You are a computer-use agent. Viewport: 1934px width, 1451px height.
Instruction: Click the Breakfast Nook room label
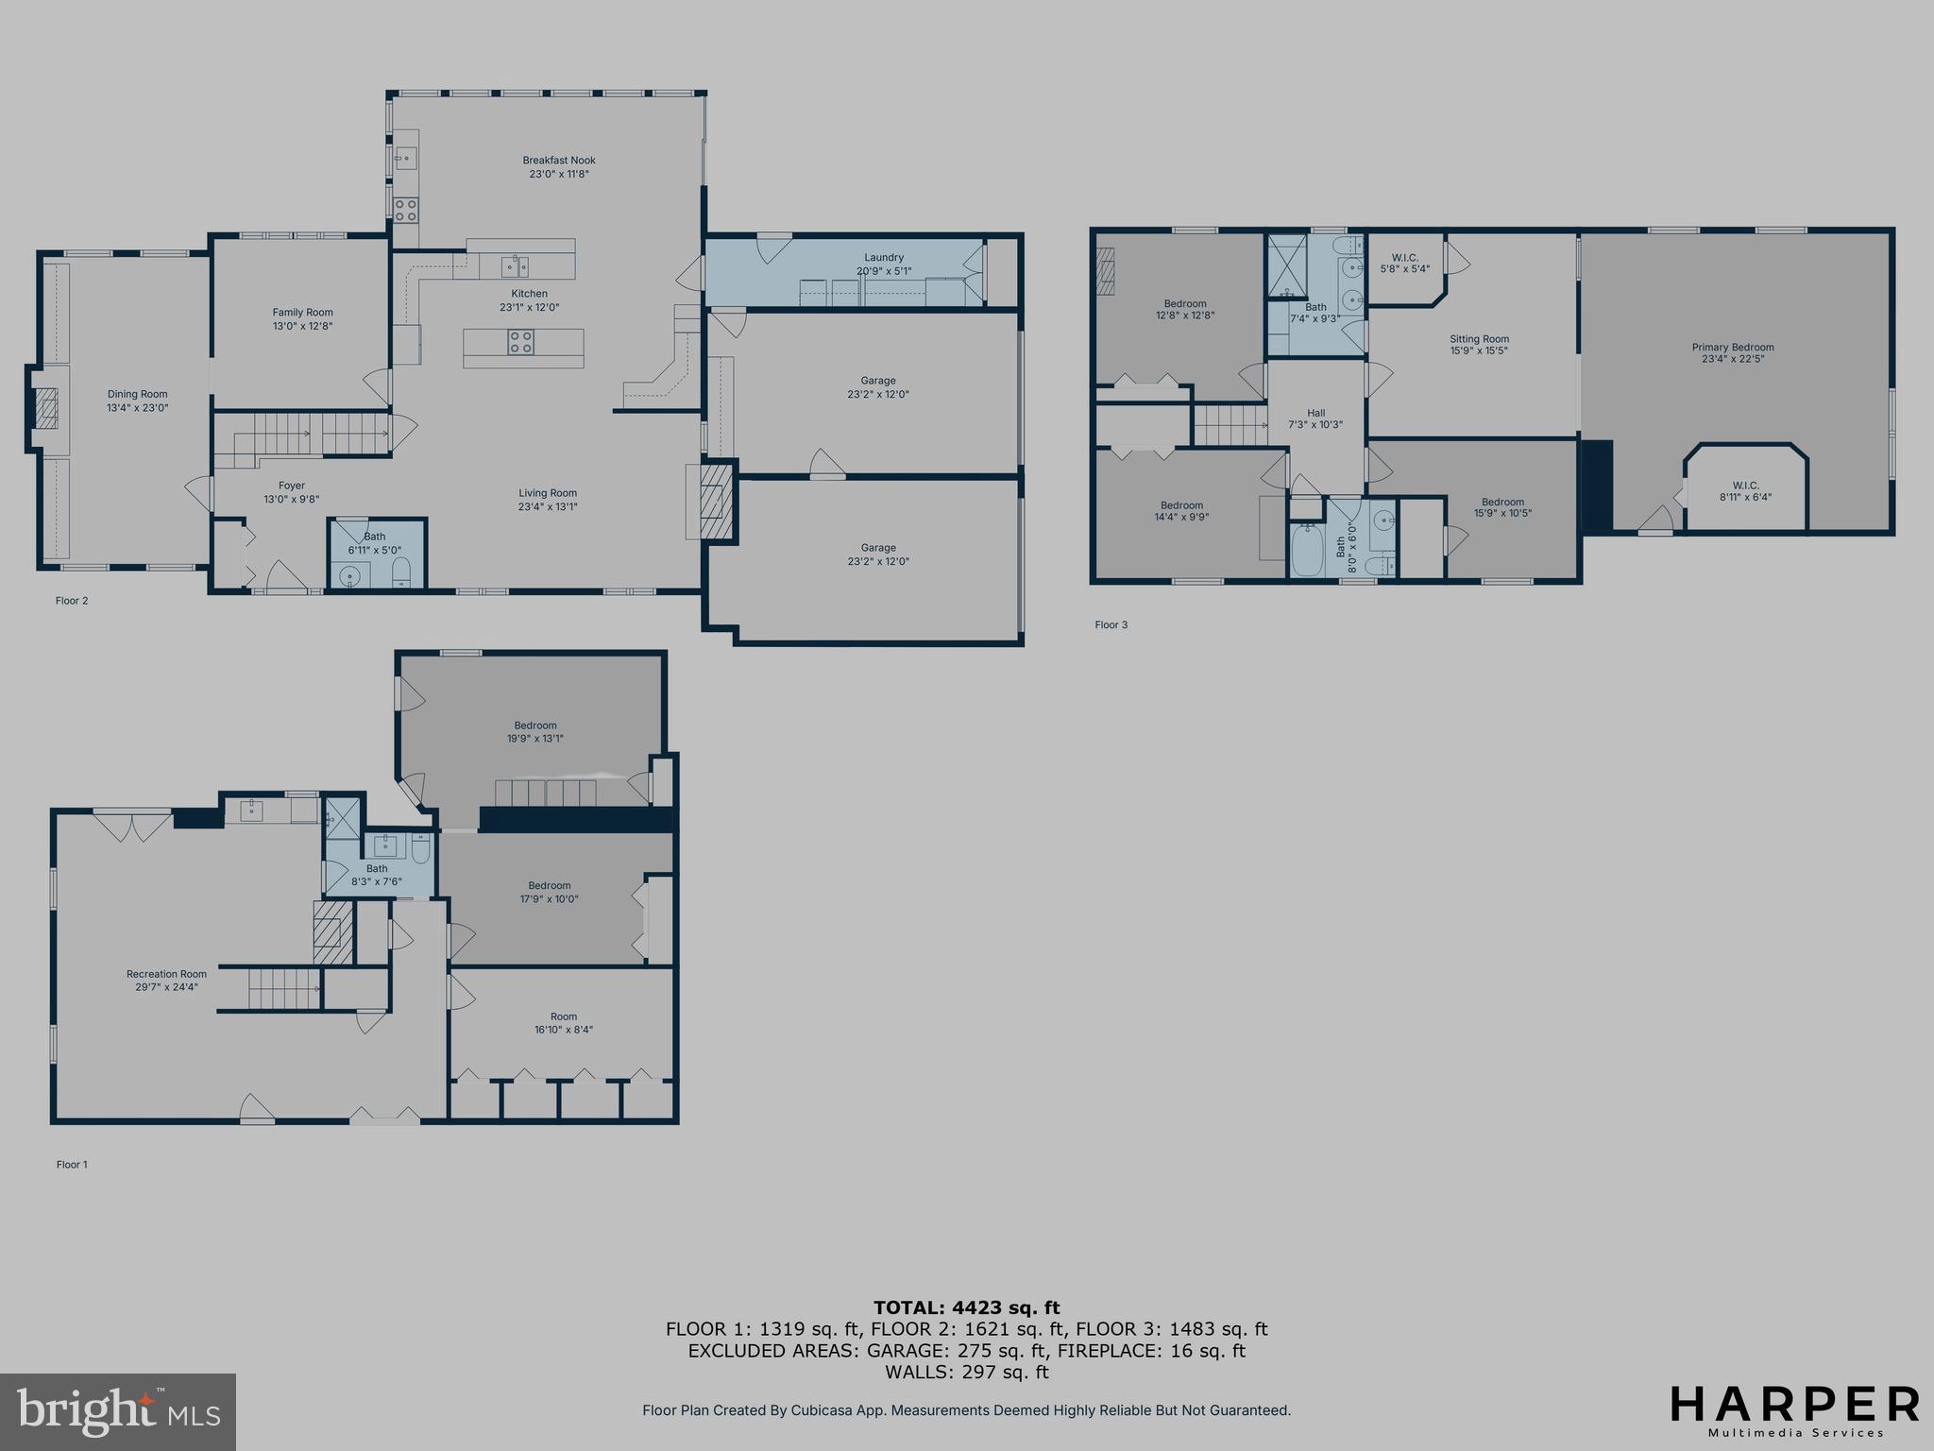click(x=559, y=161)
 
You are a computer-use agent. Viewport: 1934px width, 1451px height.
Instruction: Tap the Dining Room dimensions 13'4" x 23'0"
click(x=138, y=408)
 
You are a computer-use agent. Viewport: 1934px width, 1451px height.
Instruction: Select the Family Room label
click(x=302, y=313)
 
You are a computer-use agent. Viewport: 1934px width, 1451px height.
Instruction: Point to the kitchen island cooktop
click(x=521, y=342)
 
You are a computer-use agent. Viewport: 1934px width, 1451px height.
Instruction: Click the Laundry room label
click(x=884, y=258)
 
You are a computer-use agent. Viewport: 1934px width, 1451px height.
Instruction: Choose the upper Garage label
click(x=878, y=381)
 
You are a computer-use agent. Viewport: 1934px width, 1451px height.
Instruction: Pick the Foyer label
click(x=292, y=486)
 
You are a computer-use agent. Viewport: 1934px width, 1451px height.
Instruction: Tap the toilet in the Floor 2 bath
click(x=400, y=571)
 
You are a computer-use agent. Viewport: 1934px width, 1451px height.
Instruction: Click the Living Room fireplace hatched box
click(x=715, y=501)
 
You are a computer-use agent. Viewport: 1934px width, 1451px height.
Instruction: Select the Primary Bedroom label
click(x=1733, y=347)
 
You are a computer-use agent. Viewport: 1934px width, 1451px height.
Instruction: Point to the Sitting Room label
click(x=1480, y=339)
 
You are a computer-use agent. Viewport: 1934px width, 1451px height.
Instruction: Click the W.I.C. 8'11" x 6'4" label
click(x=1746, y=486)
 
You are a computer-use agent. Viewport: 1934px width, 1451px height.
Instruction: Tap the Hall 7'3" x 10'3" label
click(x=1315, y=413)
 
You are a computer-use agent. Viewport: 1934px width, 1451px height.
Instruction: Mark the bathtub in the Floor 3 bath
click(x=1308, y=552)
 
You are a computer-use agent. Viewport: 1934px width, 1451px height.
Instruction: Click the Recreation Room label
click(x=166, y=974)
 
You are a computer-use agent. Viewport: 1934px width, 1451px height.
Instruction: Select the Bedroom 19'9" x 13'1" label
click(x=535, y=725)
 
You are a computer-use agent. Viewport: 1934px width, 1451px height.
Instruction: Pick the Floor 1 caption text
click(x=72, y=1165)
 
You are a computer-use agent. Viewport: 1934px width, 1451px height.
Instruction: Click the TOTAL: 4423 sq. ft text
click(x=966, y=1308)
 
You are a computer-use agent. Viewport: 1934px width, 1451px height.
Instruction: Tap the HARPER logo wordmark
click(x=1794, y=1404)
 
